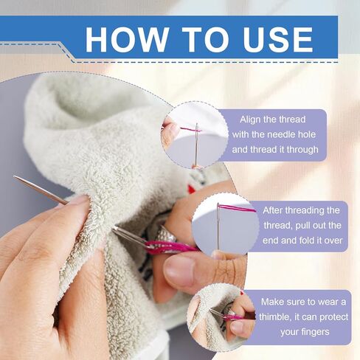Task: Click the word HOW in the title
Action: (x=127, y=40)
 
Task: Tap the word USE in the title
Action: (x=278, y=40)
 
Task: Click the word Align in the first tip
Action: (x=249, y=120)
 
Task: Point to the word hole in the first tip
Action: (x=307, y=134)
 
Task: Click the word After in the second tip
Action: (x=273, y=210)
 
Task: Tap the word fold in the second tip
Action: (x=306, y=240)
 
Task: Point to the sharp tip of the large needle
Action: (x=14, y=176)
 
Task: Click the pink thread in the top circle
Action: (x=190, y=129)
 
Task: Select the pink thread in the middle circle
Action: (x=238, y=209)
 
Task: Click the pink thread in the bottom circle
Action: (x=234, y=317)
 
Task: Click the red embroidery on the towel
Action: (x=191, y=189)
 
